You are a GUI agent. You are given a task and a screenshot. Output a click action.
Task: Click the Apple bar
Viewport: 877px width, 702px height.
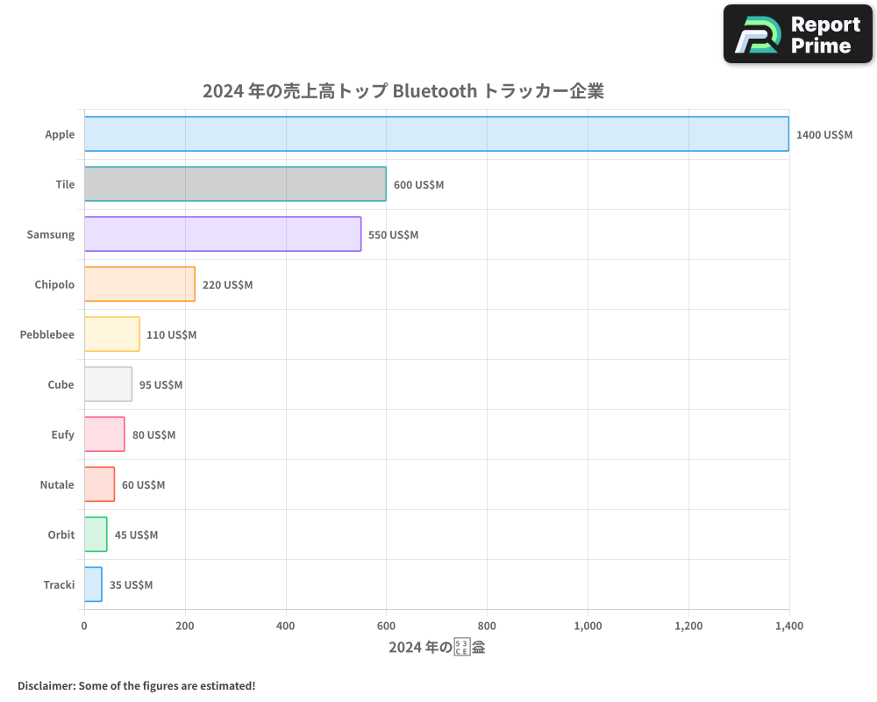tap(437, 134)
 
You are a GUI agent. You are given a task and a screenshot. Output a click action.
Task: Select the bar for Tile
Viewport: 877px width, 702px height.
tap(235, 184)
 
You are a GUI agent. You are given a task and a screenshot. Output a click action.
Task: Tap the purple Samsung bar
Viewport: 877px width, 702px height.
tap(223, 234)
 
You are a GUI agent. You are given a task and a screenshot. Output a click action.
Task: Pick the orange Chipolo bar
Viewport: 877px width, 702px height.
tap(139, 284)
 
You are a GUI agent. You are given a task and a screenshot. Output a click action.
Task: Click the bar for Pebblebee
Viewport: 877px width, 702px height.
tap(112, 334)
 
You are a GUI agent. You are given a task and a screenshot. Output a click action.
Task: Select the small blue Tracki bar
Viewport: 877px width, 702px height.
tap(93, 584)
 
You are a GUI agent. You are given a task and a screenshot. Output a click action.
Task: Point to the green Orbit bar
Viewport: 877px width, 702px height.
tap(96, 534)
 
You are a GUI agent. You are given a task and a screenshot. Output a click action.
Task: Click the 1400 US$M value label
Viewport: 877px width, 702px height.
tap(824, 135)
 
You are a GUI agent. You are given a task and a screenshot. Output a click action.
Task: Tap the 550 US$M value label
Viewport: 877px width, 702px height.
tap(393, 235)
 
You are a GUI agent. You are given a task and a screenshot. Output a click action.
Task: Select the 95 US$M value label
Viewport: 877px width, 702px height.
tap(160, 385)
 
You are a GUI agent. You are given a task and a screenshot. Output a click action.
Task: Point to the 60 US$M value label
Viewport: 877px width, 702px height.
tap(143, 485)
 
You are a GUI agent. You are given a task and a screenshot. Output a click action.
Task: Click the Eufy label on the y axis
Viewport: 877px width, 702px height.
tap(63, 434)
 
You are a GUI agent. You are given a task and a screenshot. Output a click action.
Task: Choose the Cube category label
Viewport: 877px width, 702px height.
tap(61, 384)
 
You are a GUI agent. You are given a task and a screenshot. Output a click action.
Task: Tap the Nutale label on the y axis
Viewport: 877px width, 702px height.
tap(57, 484)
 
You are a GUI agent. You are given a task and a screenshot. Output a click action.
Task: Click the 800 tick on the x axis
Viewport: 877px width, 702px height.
tap(487, 627)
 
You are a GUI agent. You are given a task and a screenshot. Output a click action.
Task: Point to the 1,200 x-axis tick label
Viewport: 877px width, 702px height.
tap(688, 627)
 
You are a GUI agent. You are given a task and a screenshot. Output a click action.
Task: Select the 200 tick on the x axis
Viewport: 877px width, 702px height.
tap(185, 627)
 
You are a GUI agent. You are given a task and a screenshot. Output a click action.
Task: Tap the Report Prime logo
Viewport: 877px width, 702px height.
tap(798, 34)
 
